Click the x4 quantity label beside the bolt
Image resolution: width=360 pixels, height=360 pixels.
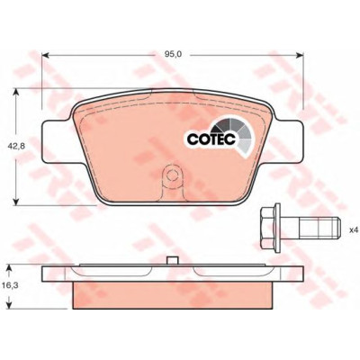(x=354, y=230)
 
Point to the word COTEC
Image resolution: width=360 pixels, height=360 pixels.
(x=211, y=139)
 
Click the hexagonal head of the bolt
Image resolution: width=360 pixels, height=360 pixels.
(x=268, y=228)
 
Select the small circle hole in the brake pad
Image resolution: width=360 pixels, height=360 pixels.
(x=172, y=175)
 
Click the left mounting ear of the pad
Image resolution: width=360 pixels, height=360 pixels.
(x=57, y=141)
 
